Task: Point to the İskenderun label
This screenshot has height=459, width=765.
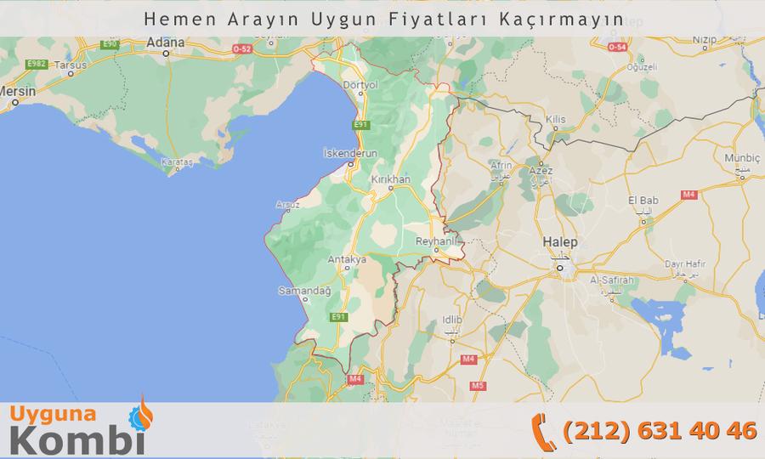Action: tap(350, 153)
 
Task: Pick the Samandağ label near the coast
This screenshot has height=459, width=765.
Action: tap(299, 291)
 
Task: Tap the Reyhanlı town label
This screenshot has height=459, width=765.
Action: tap(436, 242)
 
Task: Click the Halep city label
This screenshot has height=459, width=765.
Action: tap(559, 243)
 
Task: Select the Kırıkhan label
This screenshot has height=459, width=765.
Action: tap(391, 180)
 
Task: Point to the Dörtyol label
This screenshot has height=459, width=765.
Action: tap(358, 85)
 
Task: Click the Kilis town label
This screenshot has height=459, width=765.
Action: tap(556, 120)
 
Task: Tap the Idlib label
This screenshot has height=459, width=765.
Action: tap(452, 320)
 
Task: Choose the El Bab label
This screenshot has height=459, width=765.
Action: tap(643, 200)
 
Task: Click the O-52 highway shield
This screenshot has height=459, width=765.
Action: tap(241, 49)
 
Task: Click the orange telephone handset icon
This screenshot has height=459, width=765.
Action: tap(543, 428)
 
